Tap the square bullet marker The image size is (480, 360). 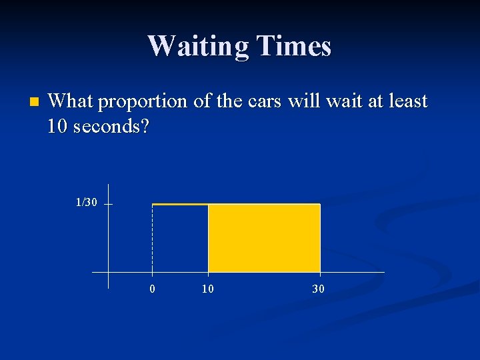click(x=35, y=103)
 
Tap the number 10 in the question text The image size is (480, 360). click(x=59, y=126)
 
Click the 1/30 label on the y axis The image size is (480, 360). click(x=85, y=202)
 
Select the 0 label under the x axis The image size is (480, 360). click(x=153, y=289)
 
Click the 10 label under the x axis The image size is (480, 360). click(x=208, y=289)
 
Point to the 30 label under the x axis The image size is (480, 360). click(x=319, y=289)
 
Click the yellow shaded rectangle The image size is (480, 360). click(x=264, y=238)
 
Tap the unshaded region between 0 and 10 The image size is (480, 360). click(x=180, y=239)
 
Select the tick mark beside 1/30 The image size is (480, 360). click(x=108, y=205)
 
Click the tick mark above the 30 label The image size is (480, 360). click(x=320, y=273)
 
